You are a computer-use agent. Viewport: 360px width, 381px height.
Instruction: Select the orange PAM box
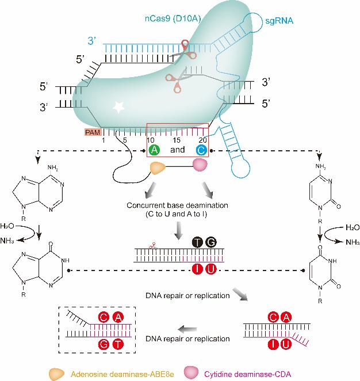pyautogui.click(x=90, y=132)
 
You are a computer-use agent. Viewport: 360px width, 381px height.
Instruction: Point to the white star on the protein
pyautogui.click(x=119, y=106)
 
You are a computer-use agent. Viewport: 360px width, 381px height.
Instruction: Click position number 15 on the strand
pyautogui.click(x=178, y=140)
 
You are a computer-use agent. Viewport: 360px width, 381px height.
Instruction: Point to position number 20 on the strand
pyautogui.click(x=202, y=140)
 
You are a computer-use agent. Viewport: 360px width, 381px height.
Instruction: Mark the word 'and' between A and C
pyautogui.click(x=178, y=150)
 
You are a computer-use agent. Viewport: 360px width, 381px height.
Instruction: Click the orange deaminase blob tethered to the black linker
pyautogui.click(x=161, y=167)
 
